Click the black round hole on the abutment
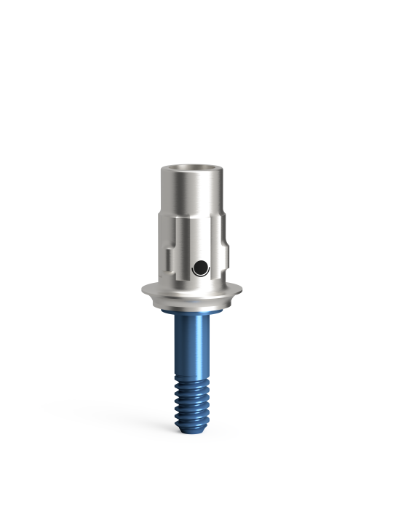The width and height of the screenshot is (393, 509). click(x=198, y=269)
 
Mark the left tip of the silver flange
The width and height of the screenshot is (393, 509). click(x=143, y=291)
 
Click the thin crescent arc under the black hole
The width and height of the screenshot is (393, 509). click(x=198, y=277)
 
